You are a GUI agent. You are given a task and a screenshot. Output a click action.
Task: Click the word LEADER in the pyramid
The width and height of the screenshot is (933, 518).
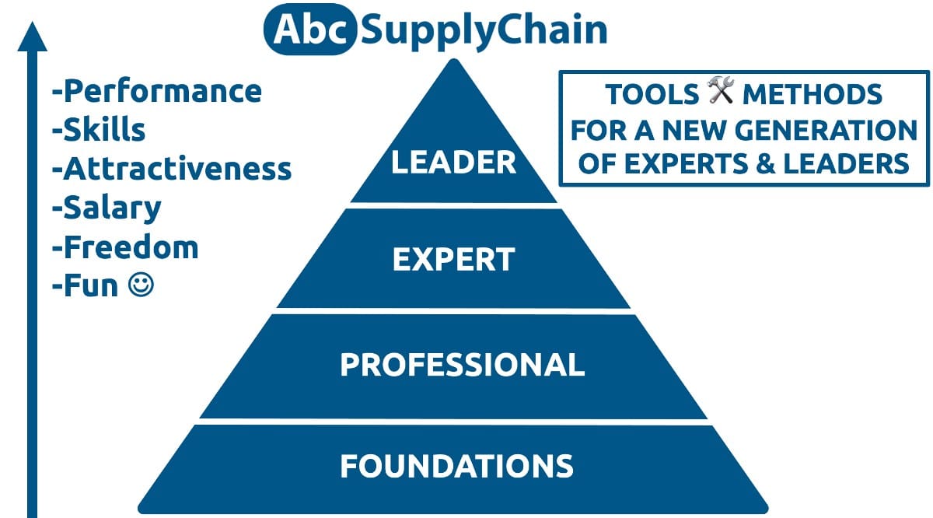click(453, 162)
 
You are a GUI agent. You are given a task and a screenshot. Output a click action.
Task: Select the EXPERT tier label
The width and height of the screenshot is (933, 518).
click(453, 259)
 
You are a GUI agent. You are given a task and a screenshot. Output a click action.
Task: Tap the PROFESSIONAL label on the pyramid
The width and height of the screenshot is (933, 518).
click(463, 365)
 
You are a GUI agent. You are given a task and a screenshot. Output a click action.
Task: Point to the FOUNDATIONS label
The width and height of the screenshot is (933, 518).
click(457, 465)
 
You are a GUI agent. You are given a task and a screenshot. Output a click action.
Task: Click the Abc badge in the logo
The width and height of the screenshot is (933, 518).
click(310, 30)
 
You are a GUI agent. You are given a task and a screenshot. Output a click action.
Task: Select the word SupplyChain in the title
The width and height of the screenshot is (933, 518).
click(484, 30)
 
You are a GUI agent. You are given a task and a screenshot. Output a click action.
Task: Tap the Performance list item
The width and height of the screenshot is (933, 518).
click(157, 91)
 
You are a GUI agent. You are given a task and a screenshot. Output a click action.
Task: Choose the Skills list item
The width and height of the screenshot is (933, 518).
click(99, 129)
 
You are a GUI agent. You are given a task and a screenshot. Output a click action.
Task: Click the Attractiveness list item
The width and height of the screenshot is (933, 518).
click(172, 168)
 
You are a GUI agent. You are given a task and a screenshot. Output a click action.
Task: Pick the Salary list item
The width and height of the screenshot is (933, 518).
click(107, 208)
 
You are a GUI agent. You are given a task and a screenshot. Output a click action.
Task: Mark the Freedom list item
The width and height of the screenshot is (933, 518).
click(125, 247)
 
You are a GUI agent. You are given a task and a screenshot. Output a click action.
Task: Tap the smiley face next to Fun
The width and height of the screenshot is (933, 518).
click(141, 285)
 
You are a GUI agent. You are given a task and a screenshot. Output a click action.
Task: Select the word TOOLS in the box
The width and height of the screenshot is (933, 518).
click(652, 94)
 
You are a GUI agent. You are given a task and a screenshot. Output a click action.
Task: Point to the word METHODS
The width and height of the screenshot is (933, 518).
click(812, 94)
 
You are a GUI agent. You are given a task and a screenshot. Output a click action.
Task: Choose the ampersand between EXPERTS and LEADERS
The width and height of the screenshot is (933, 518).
click(766, 163)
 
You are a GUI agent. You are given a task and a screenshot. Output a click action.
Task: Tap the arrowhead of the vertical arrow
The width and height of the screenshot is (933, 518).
click(32, 37)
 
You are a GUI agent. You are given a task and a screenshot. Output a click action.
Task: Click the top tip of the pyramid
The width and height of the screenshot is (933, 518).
click(454, 60)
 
